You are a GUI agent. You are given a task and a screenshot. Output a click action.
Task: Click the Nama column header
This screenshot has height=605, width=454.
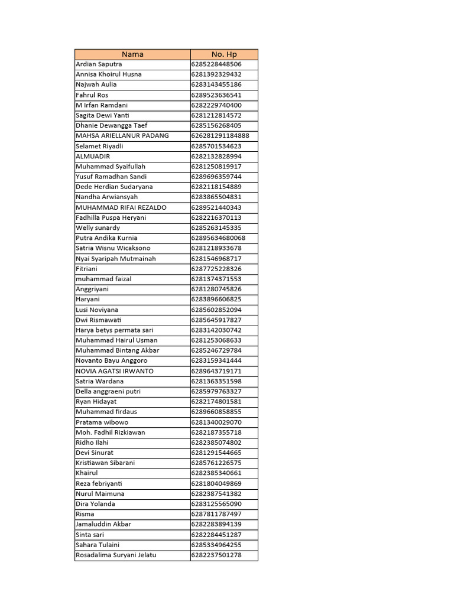132,54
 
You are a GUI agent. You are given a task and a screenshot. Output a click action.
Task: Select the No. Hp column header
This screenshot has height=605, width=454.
224,54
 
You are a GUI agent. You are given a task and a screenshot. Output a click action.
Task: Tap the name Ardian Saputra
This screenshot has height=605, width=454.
99,64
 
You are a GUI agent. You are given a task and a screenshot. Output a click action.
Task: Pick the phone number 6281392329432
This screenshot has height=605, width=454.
216,74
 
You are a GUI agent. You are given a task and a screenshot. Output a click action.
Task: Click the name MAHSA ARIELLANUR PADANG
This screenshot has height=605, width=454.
122,136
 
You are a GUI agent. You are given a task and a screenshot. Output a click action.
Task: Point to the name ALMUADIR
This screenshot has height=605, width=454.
93,157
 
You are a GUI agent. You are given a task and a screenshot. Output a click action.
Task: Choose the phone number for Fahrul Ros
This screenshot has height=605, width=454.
216,95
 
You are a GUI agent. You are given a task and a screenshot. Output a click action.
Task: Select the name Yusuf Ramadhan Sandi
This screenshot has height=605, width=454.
111,177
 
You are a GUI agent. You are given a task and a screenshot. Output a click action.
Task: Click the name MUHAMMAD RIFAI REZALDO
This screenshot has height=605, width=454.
121,207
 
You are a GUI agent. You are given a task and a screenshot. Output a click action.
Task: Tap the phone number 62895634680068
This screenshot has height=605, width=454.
218,238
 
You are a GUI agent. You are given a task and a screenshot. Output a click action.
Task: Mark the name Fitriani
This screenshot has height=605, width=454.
87,269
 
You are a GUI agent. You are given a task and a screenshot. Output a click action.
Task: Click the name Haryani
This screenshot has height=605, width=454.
88,300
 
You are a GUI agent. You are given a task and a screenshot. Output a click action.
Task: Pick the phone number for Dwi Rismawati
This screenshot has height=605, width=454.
216,320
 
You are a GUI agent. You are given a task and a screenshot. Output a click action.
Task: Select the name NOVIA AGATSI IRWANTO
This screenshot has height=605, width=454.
115,371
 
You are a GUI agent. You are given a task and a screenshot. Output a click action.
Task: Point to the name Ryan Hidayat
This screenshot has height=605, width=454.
96,402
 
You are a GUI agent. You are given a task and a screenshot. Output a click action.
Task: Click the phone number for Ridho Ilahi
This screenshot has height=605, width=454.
216,443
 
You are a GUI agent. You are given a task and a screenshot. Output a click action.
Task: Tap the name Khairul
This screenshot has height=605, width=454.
87,473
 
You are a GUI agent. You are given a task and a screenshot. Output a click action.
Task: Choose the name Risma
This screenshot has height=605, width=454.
85,514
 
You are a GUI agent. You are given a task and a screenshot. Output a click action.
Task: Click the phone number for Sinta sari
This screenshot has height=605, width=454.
216,535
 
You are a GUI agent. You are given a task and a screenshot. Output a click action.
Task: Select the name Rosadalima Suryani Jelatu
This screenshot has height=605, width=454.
116,555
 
